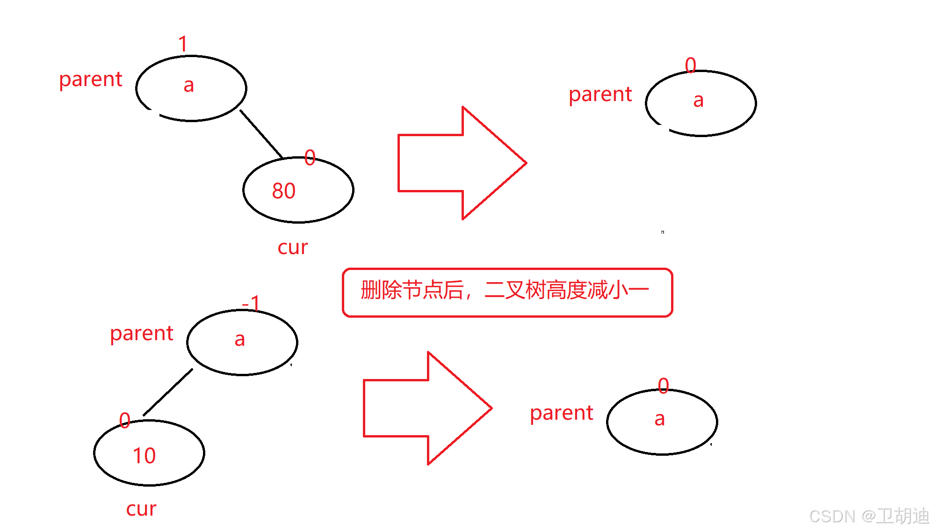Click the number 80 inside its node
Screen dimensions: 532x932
(284, 191)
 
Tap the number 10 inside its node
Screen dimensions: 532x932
(144, 456)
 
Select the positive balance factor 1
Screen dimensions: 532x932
(183, 44)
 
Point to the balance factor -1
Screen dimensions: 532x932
(251, 304)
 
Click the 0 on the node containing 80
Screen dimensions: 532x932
(310, 158)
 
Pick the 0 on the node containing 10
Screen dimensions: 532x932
(124, 420)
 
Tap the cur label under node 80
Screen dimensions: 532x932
(293, 248)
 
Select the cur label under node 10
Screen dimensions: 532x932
(141, 509)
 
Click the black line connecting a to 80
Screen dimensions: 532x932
(261, 134)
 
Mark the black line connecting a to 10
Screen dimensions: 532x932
(168, 392)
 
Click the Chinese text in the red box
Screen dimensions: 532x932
(505, 290)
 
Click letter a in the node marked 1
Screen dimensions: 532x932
(188, 86)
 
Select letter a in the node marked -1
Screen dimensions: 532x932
(239, 340)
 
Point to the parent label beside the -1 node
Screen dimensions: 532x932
(141, 334)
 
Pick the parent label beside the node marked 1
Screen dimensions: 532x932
(90, 80)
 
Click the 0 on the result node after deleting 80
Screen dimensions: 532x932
(690, 65)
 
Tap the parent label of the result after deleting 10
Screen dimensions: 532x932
(561, 413)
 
